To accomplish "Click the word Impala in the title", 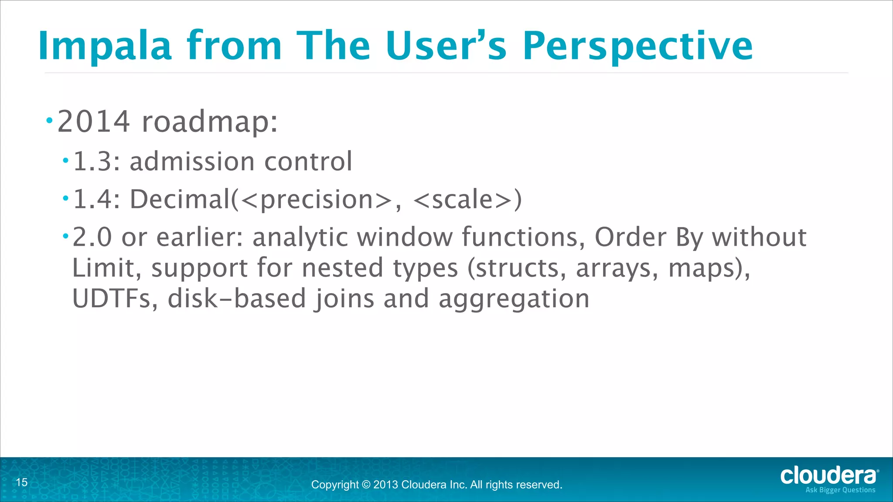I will [105, 46].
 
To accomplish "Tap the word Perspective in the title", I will [637, 46].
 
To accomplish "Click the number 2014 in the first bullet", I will [94, 121].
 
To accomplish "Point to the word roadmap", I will [209, 121].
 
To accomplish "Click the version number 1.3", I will [96, 162].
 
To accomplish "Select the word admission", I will [192, 162].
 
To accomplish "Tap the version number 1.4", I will [96, 199].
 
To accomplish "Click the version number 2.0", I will [92, 237].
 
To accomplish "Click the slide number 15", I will [22, 482].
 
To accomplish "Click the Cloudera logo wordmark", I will [828, 475].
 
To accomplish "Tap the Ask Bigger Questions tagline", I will [840, 490].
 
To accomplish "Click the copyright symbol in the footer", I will [366, 485].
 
